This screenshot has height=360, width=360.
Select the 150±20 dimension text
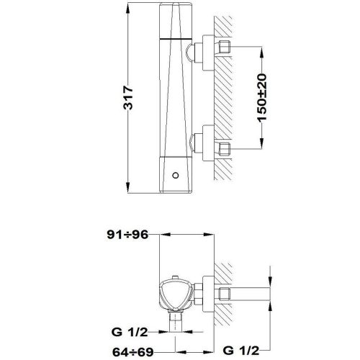[x=264, y=97]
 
